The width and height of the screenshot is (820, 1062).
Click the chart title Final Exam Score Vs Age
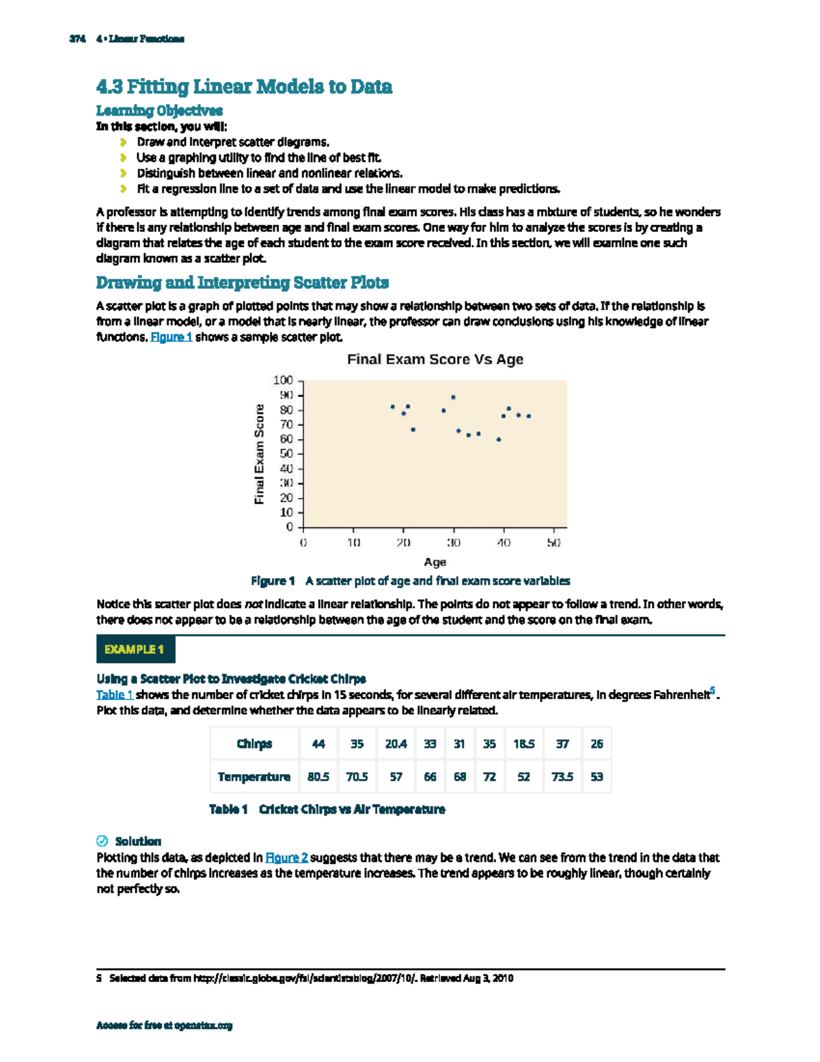click(x=435, y=360)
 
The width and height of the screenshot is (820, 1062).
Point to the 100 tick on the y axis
click(x=284, y=380)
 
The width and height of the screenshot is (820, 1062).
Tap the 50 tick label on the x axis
click(x=553, y=542)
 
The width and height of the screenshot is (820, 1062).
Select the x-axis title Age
click(x=435, y=562)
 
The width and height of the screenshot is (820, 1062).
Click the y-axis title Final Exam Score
click(x=260, y=454)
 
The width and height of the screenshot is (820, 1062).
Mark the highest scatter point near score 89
click(x=453, y=397)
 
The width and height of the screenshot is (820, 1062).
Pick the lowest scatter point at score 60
click(x=499, y=440)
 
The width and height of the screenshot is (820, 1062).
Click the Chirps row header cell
click(x=254, y=744)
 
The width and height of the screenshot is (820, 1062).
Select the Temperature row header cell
click(x=254, y=777)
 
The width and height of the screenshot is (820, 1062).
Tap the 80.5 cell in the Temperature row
click(x=318, y=777)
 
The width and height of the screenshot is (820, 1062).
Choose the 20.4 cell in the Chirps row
click(x=396, y=744)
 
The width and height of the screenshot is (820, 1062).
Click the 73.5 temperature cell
click(x=562, y=777)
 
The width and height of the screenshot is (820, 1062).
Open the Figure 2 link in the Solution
click(x=286, y=858)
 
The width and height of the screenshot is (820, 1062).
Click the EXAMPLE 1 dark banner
click(x=135, y=650)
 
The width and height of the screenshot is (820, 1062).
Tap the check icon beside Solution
click(x=102, y=841)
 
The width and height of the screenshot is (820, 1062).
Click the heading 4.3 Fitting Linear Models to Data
click(x=244, y=87)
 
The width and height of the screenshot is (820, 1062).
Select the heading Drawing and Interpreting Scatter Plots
click(x=243, y=282)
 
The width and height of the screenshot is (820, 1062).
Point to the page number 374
click(x=77, y=39)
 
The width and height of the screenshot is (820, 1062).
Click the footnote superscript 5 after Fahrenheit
click(x=712, y=691)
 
